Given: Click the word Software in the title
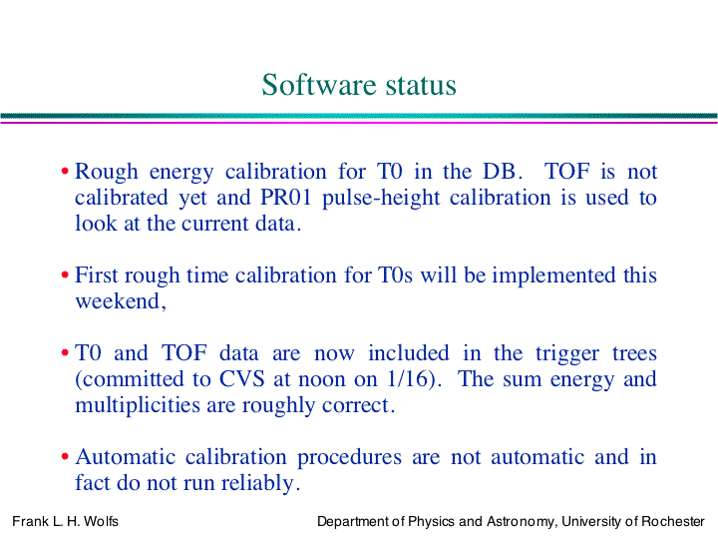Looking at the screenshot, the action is click(319, 85).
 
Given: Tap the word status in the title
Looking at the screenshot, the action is click(421, 86).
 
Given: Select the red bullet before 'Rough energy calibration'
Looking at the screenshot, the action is click(65, 172).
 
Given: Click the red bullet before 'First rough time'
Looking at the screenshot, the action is click(65, 275).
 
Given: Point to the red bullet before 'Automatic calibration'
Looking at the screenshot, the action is click(65, 456).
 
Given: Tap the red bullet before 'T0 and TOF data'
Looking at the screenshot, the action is click(65, 353).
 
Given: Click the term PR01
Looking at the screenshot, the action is click(286, 198).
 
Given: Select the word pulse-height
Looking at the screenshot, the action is click(381, 199).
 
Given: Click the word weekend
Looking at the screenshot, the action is click(118, 301).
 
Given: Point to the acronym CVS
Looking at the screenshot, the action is click(241, 379).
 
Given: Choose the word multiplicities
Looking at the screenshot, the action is click(138, 405).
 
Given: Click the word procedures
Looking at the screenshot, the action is click(350, 458).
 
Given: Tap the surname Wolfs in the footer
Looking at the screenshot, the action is click(101, 522).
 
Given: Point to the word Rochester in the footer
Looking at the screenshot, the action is click(673, 522).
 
